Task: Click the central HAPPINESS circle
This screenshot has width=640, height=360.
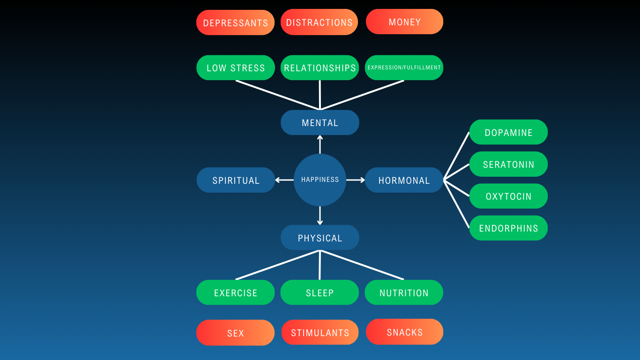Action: point(320,180)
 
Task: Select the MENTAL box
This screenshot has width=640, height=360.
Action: point(320,123)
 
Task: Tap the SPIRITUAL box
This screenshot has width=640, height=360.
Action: point(236,180)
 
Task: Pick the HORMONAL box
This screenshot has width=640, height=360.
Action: point(404,180)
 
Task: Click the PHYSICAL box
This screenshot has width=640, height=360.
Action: point(320,238)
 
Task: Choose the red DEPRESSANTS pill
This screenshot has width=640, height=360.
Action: point(235,22)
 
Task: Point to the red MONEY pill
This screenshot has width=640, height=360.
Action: point(404,22)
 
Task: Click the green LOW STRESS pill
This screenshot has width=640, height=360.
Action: point(236,67)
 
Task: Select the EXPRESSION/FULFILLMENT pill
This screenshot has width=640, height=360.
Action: point(404,67)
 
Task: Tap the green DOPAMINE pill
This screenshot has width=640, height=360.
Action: point(508,132)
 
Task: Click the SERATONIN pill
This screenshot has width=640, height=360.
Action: point(508,164)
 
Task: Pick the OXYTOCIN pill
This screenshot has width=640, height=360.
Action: point(508,196)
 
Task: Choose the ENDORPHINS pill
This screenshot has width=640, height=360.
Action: point(508,228)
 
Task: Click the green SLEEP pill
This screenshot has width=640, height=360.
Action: point(320,292)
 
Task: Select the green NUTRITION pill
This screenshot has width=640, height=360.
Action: point(404,292)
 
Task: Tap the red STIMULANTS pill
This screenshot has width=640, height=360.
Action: point(320,332)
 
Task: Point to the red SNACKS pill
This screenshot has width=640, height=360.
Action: point(404,332)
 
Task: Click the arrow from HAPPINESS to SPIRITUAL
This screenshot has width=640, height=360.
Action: point(284,180)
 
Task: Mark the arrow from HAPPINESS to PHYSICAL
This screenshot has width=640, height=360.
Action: point(320,216)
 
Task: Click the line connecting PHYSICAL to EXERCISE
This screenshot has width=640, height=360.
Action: point(277,265)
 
